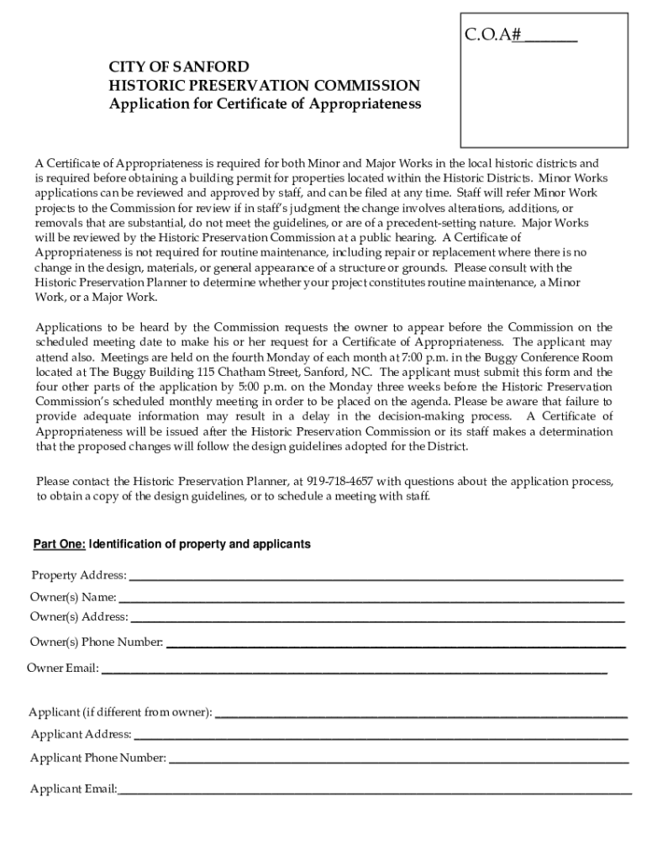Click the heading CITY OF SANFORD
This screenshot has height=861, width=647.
click(x=178, y=67)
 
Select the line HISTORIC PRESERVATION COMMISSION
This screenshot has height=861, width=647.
click(x=264, y=86)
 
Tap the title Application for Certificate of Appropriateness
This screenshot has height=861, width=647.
click(x=265, y=104)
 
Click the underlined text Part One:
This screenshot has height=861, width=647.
click(x=59, y=545)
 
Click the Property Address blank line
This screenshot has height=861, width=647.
click(x=376, y=577)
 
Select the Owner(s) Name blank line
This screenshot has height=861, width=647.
click(x=371, y=599)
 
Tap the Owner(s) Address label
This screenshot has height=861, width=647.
click(x=79, y=617)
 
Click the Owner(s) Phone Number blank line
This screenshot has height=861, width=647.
click(x=397, y=643)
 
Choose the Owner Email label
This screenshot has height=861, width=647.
click(x=63, y=668)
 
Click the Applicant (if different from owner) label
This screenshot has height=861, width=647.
click(x=120, y=713)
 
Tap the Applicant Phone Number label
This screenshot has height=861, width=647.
click(x=98, y=758)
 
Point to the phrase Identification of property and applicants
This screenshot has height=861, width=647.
click(x=200, y=545)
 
